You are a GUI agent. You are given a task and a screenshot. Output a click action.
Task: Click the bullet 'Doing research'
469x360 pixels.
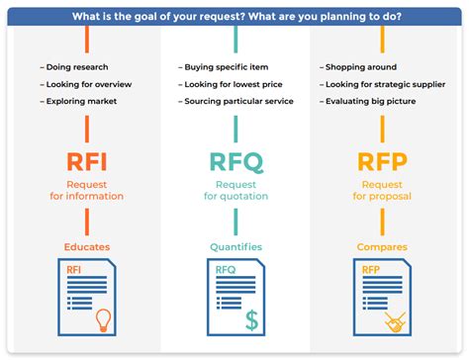[74, 67]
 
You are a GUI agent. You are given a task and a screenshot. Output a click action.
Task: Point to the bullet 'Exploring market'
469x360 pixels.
[79, 101]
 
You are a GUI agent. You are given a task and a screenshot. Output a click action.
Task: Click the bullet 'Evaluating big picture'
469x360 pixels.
[368, 101]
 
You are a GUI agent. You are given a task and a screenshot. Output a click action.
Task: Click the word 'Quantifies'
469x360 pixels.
[234, 246]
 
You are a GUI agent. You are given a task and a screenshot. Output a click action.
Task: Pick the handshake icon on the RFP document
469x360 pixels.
[397, 320]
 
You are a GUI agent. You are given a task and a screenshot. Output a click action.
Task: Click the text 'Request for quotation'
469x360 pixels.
[234, 190]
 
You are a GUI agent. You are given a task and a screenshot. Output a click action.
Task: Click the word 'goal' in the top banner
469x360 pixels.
[159, 16]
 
